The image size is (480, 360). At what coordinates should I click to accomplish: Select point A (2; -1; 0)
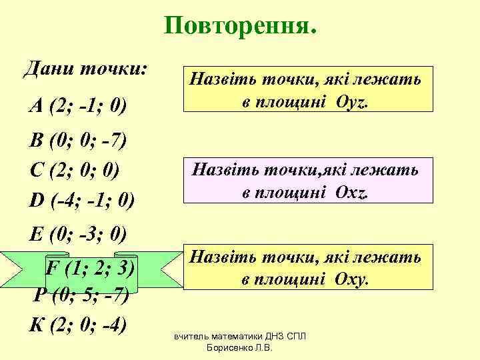(79, 105)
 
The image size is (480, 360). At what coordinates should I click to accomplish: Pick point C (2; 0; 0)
(75, 171)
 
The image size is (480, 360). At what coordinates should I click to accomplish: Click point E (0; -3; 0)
(79, 234)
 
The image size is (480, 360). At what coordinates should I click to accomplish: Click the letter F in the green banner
(50, 268)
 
